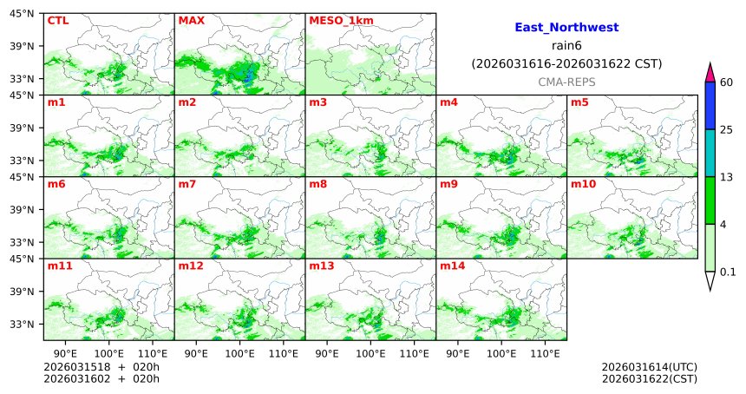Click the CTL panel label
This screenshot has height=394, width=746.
[x=58, y=20]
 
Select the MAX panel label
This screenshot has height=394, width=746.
[x=190, y=20]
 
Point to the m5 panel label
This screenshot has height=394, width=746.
[x=579, y=102]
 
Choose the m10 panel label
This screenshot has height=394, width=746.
[x=583, y=184]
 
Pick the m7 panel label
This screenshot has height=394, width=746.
[x=187, y=184]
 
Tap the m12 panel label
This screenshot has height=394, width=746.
[x=190, y=266]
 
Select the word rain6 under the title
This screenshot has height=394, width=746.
[x=566, y=45]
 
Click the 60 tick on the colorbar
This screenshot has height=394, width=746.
[x=727, y=82]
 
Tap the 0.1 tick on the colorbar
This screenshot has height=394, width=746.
[x=728, y=272]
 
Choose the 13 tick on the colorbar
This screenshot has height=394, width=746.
[x=727, y=177]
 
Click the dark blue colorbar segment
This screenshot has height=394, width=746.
[x=710, y=106]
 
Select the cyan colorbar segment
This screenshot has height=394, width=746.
[x=710, y=154]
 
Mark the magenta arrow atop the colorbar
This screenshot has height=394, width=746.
[x=710, y=73]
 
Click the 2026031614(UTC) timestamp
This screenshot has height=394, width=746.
[x=649, y=367]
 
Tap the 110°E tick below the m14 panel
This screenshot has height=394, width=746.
[x=545, y=353]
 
